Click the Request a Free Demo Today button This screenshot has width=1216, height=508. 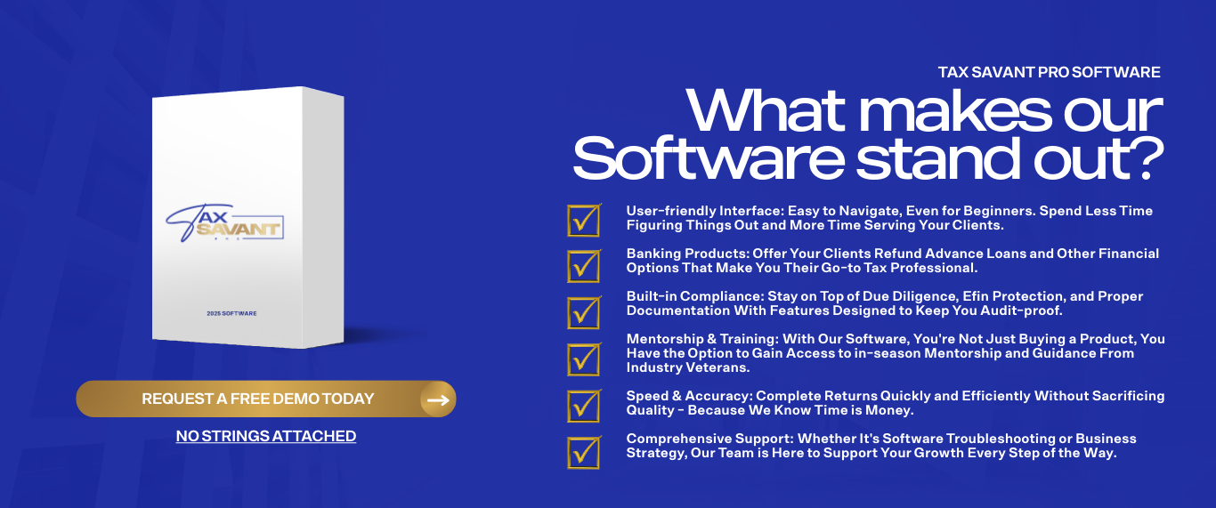coord(266,399)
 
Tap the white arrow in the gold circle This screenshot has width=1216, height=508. coord(438,400)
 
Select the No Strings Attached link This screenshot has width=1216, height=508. coord(266,436)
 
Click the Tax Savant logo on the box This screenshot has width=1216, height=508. coord(224,223)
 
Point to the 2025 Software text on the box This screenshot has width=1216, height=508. coord(231,313)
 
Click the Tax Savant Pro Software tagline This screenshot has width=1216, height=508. coord(1050,72)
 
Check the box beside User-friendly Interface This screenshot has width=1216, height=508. coord(584,221)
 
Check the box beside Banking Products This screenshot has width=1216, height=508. coord(584,267)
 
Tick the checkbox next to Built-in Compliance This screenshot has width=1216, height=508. coord(584,312)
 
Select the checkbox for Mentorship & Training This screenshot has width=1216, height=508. coord(584,359)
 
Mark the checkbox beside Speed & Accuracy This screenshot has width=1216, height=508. coord(584,406)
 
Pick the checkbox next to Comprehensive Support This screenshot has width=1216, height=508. coord(584,453)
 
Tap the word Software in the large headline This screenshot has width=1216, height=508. coord(709,158)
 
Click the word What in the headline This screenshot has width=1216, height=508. coord(766,111)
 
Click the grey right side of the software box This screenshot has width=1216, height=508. coord(323,217)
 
